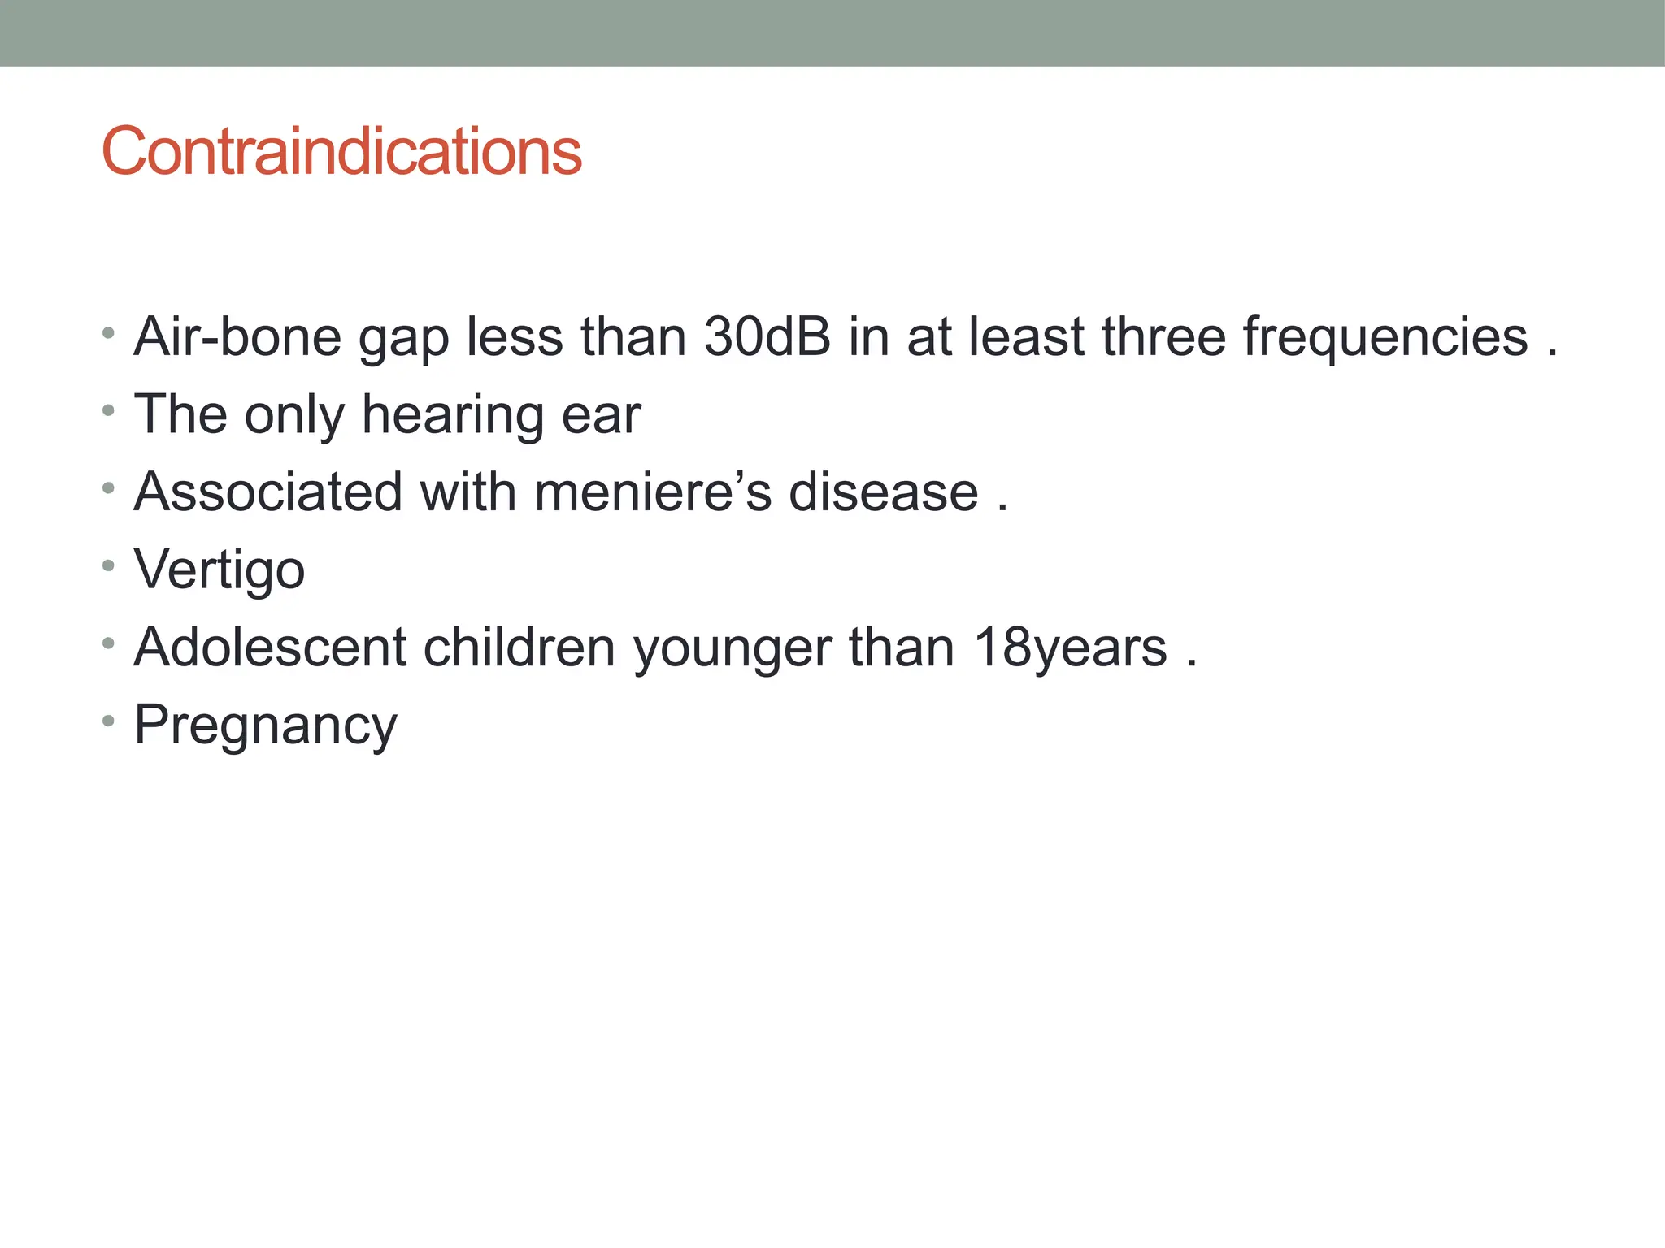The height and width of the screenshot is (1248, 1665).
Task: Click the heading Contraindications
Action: click(341, 151)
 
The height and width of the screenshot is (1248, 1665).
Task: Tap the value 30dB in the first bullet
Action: click(767, 336)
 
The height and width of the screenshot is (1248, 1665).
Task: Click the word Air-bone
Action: click(237, 336)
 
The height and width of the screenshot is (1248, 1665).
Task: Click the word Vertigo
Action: click(220, 570)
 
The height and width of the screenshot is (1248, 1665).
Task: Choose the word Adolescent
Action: click(270, 648)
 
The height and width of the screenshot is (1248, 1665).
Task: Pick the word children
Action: click(519, 648)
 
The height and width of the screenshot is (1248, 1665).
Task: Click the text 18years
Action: click(1070, 648)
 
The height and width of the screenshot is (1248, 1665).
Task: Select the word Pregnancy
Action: click(265, 726)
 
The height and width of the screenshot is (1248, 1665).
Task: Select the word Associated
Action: click(268, 492)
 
